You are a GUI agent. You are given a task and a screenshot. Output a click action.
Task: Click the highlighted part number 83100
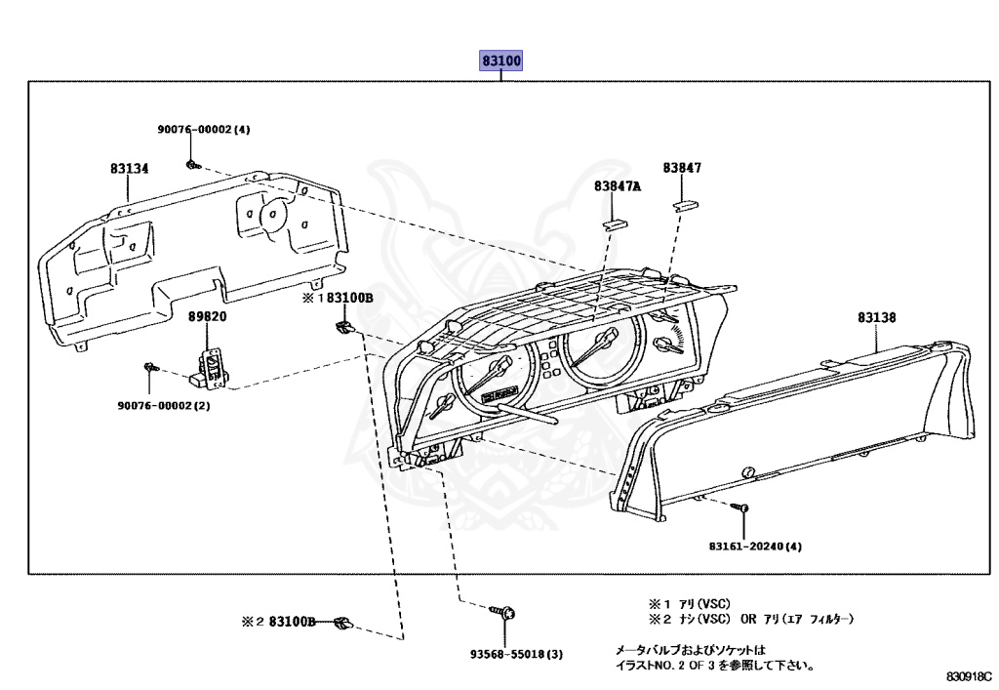click(x=501, y=61)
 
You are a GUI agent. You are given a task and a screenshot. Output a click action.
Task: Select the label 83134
click(x=129, y=169)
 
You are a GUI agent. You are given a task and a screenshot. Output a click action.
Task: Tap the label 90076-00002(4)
click(x=204, y=129)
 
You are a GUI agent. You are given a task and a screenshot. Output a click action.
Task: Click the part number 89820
click(x=207, y=317)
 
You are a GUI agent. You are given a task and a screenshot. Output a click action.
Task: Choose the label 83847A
click(x=617, y=185)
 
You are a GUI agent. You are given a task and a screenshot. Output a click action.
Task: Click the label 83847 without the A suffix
click(x=682, y=168)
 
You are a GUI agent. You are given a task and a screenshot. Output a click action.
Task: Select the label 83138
click(x=877, y=317)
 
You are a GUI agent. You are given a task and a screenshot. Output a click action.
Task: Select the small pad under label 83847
click(x=683, y=204)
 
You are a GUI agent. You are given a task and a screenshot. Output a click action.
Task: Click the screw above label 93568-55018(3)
click(x=507, y=613)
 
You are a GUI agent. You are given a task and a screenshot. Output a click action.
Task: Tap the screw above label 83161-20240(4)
click(x=743, y=508)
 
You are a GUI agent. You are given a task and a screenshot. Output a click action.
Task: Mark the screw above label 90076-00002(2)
click(x=150, y=367)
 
